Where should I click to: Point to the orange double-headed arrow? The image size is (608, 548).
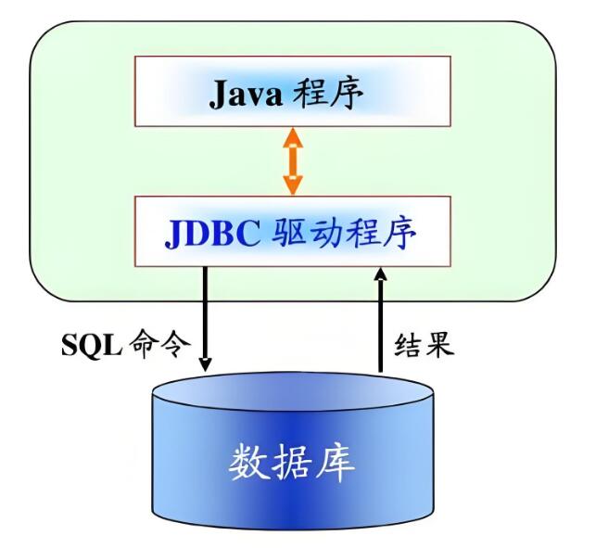[292, 161]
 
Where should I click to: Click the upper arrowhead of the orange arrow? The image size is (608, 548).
[292, 135]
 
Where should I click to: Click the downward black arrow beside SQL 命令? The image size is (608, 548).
[205, 315]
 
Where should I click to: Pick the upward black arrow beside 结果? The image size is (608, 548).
[380, 320]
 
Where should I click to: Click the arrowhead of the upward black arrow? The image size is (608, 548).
[380, 275]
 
